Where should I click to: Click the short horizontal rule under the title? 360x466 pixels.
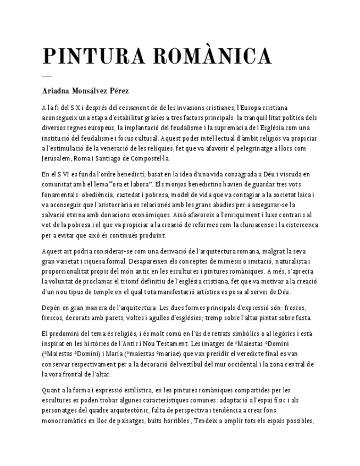[x=47, y=75]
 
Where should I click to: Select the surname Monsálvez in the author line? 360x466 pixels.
[x=96, y=91]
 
